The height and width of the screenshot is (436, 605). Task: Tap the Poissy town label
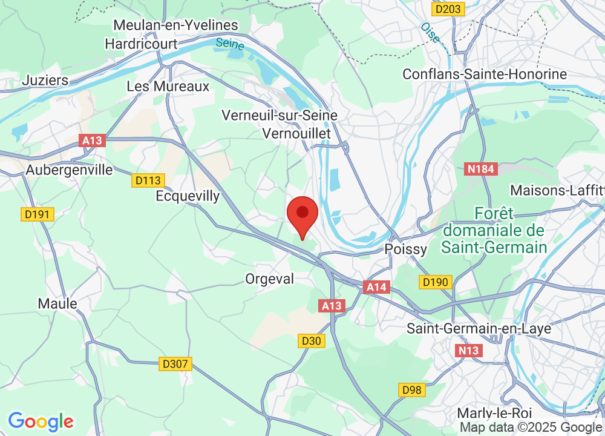[406, 249]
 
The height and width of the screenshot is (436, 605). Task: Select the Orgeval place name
[269, 279]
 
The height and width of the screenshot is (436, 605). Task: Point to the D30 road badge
[312, 342]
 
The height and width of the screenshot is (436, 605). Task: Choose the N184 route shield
[481, 170]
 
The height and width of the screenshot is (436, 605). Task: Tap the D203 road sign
[448, 9]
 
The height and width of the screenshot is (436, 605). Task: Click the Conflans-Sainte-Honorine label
[485, 74]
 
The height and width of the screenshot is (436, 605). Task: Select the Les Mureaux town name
[168, 87]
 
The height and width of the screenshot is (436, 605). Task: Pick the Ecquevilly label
[188, 197]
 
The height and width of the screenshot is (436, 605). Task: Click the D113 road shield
[148, 180]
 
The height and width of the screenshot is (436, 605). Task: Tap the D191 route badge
[38, 214]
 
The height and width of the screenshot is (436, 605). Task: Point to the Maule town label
[57, 303]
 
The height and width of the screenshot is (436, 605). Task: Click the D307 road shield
[176, 364]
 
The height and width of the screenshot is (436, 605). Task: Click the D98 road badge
[411, 389]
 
